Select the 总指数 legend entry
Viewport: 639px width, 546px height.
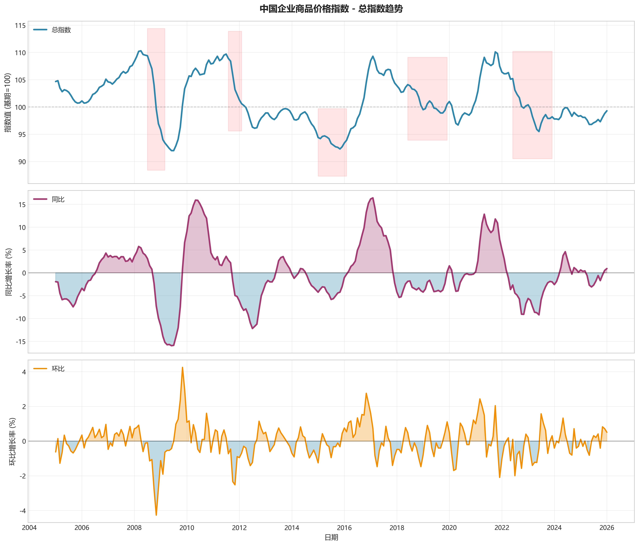61,30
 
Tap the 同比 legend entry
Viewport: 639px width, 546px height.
58,199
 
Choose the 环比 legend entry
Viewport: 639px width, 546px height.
58,369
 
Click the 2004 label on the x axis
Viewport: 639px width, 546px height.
29,528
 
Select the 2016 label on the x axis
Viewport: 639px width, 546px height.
344,528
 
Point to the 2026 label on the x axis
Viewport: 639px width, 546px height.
607,528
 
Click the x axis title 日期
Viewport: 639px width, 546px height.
331,537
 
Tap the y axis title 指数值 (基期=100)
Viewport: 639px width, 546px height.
8,103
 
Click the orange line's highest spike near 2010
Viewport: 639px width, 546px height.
182,367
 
